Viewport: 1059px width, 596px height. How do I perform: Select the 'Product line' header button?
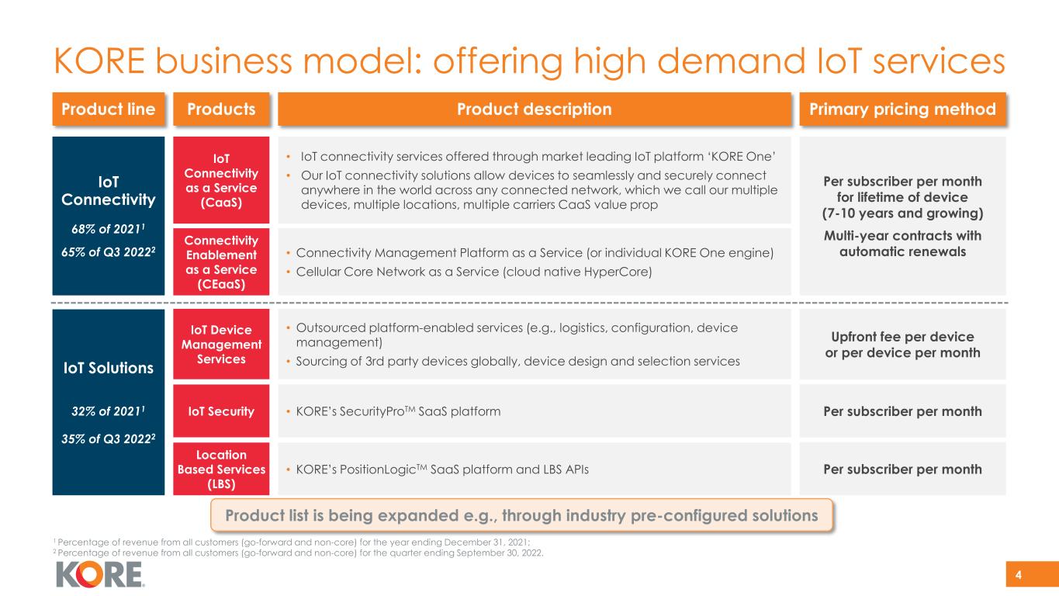point(108,109)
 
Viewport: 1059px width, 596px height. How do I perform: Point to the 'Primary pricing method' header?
point(902,109)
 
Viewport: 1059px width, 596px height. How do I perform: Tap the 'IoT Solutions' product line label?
point(108,368)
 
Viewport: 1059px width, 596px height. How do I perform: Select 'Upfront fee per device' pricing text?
point(902,338)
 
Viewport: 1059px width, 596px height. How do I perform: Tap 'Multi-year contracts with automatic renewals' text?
point(902,244)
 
